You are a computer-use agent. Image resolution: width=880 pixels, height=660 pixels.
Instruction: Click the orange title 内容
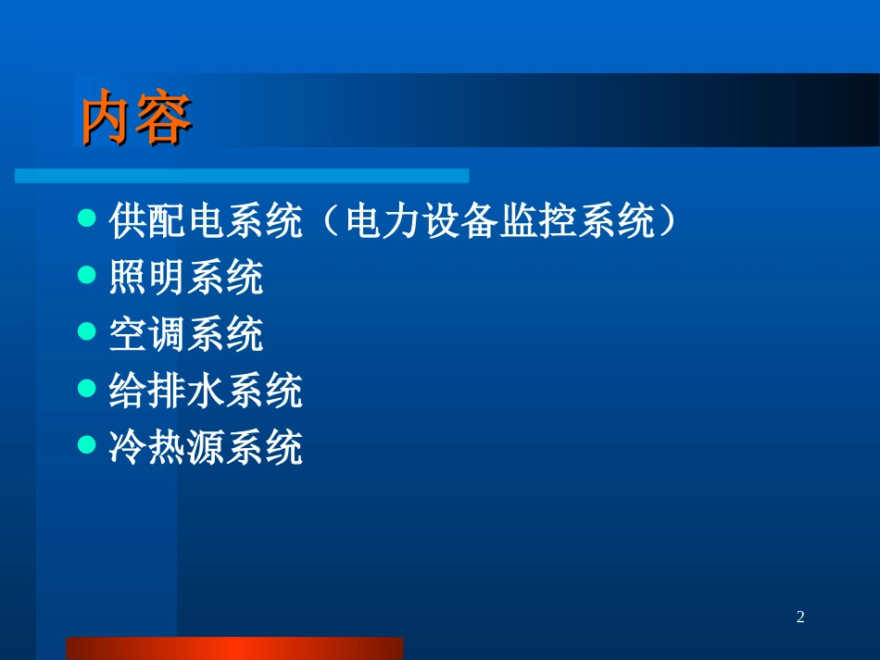(136, 119)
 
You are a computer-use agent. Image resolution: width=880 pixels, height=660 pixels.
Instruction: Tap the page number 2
(801, 616)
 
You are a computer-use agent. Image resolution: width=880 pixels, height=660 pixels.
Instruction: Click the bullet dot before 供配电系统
(88, 219)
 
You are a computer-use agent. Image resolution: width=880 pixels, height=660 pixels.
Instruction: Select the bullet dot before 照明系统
(88, 276)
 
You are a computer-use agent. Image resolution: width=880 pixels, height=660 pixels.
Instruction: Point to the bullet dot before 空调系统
(88, 332)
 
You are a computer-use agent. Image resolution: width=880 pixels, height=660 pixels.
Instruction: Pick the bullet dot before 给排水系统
(88, 390)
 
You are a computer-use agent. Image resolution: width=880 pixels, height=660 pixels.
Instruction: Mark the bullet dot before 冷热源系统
(88, 446)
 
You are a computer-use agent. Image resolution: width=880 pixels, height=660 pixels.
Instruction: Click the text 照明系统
(186, 277)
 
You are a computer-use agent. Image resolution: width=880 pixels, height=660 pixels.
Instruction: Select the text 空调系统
(186, 334)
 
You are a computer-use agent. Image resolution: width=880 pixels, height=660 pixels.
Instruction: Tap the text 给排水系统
(206, 392)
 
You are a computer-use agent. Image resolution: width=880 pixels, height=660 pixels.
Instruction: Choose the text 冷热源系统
(206, 448)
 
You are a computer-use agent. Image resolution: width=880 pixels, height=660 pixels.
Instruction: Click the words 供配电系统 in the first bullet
(206, 221)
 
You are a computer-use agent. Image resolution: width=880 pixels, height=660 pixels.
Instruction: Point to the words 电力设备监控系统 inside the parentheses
(500, 221)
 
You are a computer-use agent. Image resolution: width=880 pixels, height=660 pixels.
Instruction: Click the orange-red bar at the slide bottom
(234, 648)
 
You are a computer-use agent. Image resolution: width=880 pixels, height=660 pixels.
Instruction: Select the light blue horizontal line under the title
(242, 176)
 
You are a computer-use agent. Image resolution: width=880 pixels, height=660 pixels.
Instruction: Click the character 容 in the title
(164, 119)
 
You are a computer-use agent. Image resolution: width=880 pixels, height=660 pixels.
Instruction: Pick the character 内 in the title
(107, 119)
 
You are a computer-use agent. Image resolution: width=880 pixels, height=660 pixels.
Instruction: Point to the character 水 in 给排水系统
(206, 392)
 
